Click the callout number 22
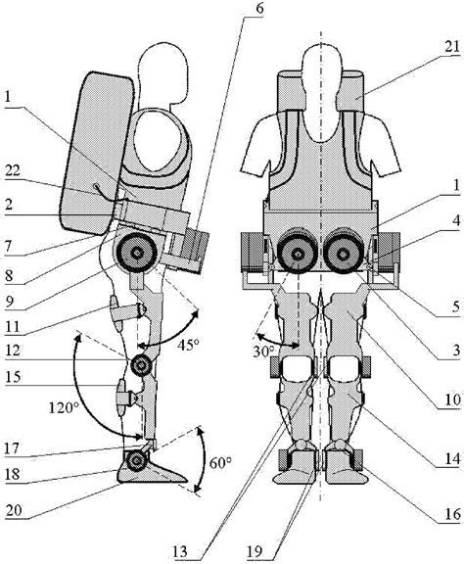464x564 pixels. (x=14, y=172)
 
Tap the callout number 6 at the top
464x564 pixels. (x=259, y=8)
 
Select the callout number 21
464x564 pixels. (x=452, y=47)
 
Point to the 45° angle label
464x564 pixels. (x=188, y=346)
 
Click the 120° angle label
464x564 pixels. (x=64, y=408)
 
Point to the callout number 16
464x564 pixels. (x=452, y=514)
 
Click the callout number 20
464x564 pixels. (x=14, y=510)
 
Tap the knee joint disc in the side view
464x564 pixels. (x=142, y=366)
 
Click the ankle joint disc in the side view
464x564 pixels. (x=136, y=459)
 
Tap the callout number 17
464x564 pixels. (x=14, y=448)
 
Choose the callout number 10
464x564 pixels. (x=452, y=399)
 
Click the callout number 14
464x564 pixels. (x=452, y=458)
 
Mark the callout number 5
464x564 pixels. (x=456, y=306)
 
